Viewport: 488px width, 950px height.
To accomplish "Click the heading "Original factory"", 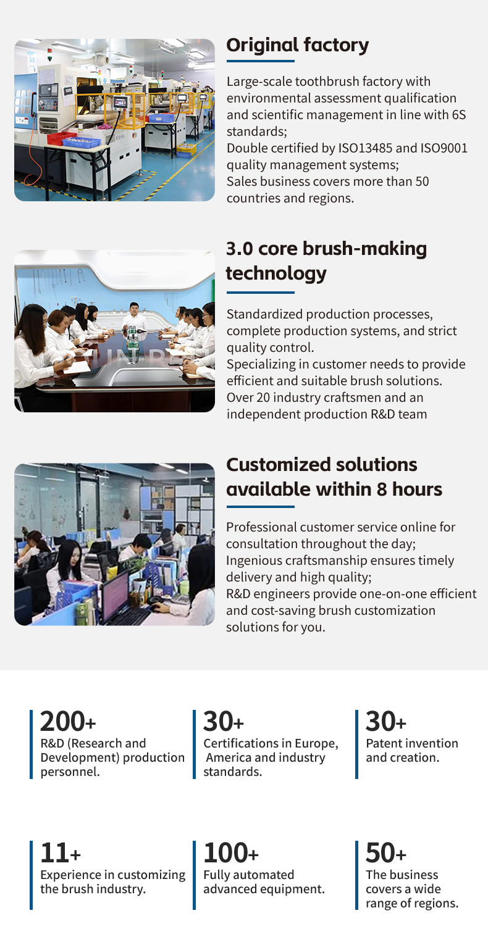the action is click(x=298, y=45).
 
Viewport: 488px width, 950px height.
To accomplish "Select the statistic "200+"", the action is click(x=68, y=722).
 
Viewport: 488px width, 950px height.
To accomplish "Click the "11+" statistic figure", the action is click(x=61, y=853).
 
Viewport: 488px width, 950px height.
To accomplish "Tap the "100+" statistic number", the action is click(x=231, y=853).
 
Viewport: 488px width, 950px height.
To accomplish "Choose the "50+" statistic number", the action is click(x=385, y=853).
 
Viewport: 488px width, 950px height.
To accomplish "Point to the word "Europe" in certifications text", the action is click(x=316, y=744).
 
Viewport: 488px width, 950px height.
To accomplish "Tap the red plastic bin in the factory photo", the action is click(x=61, y=138).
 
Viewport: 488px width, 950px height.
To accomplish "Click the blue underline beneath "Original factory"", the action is click(x=261, y=61).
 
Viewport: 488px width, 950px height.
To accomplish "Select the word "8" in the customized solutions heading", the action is click(x=382, y=490).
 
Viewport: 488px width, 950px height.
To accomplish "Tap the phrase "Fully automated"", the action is click(x=249, y=875).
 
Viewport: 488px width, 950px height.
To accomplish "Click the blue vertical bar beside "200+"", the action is click(x=31, y=744).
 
